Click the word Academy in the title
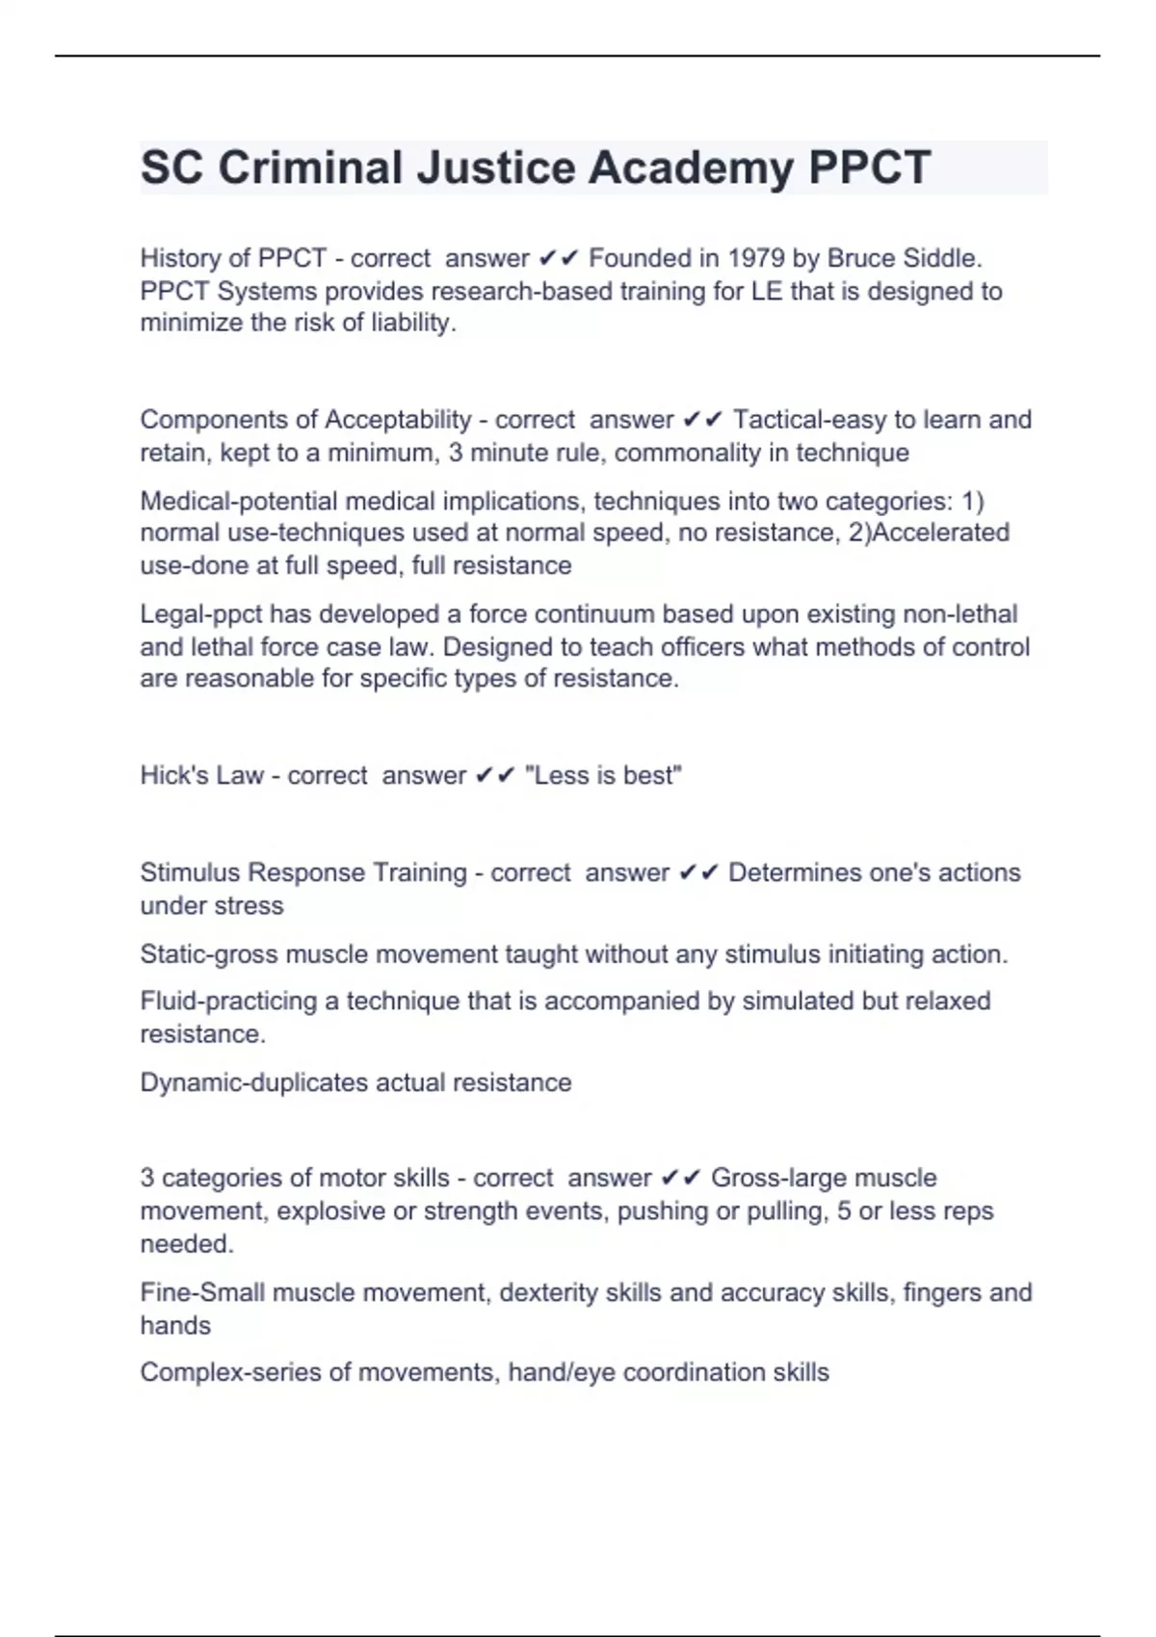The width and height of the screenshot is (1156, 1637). [692, 168]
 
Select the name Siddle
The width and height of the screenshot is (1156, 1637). [942, 258]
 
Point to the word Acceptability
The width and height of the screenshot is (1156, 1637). [398, 420]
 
